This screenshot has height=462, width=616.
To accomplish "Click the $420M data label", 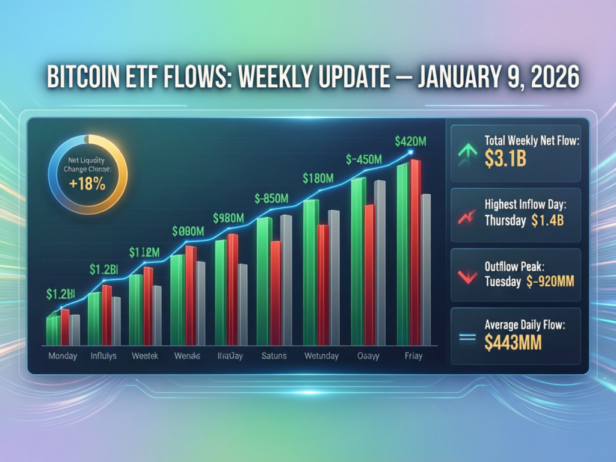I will tap(411, 141).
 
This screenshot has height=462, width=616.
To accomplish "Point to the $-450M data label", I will tap(364, 159).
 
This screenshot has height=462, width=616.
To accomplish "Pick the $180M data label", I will tap(318, 178).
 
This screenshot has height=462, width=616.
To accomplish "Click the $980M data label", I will tap(228, 218).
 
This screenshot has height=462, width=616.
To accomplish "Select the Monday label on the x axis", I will tap(62, 356).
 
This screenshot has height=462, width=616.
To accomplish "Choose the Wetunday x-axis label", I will tap(322, 356).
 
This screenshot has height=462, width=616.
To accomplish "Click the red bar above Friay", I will tap(415, 253).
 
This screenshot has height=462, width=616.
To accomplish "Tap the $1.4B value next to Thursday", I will tap(547, 220).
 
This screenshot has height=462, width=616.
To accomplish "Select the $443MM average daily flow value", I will tap(513, 342).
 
